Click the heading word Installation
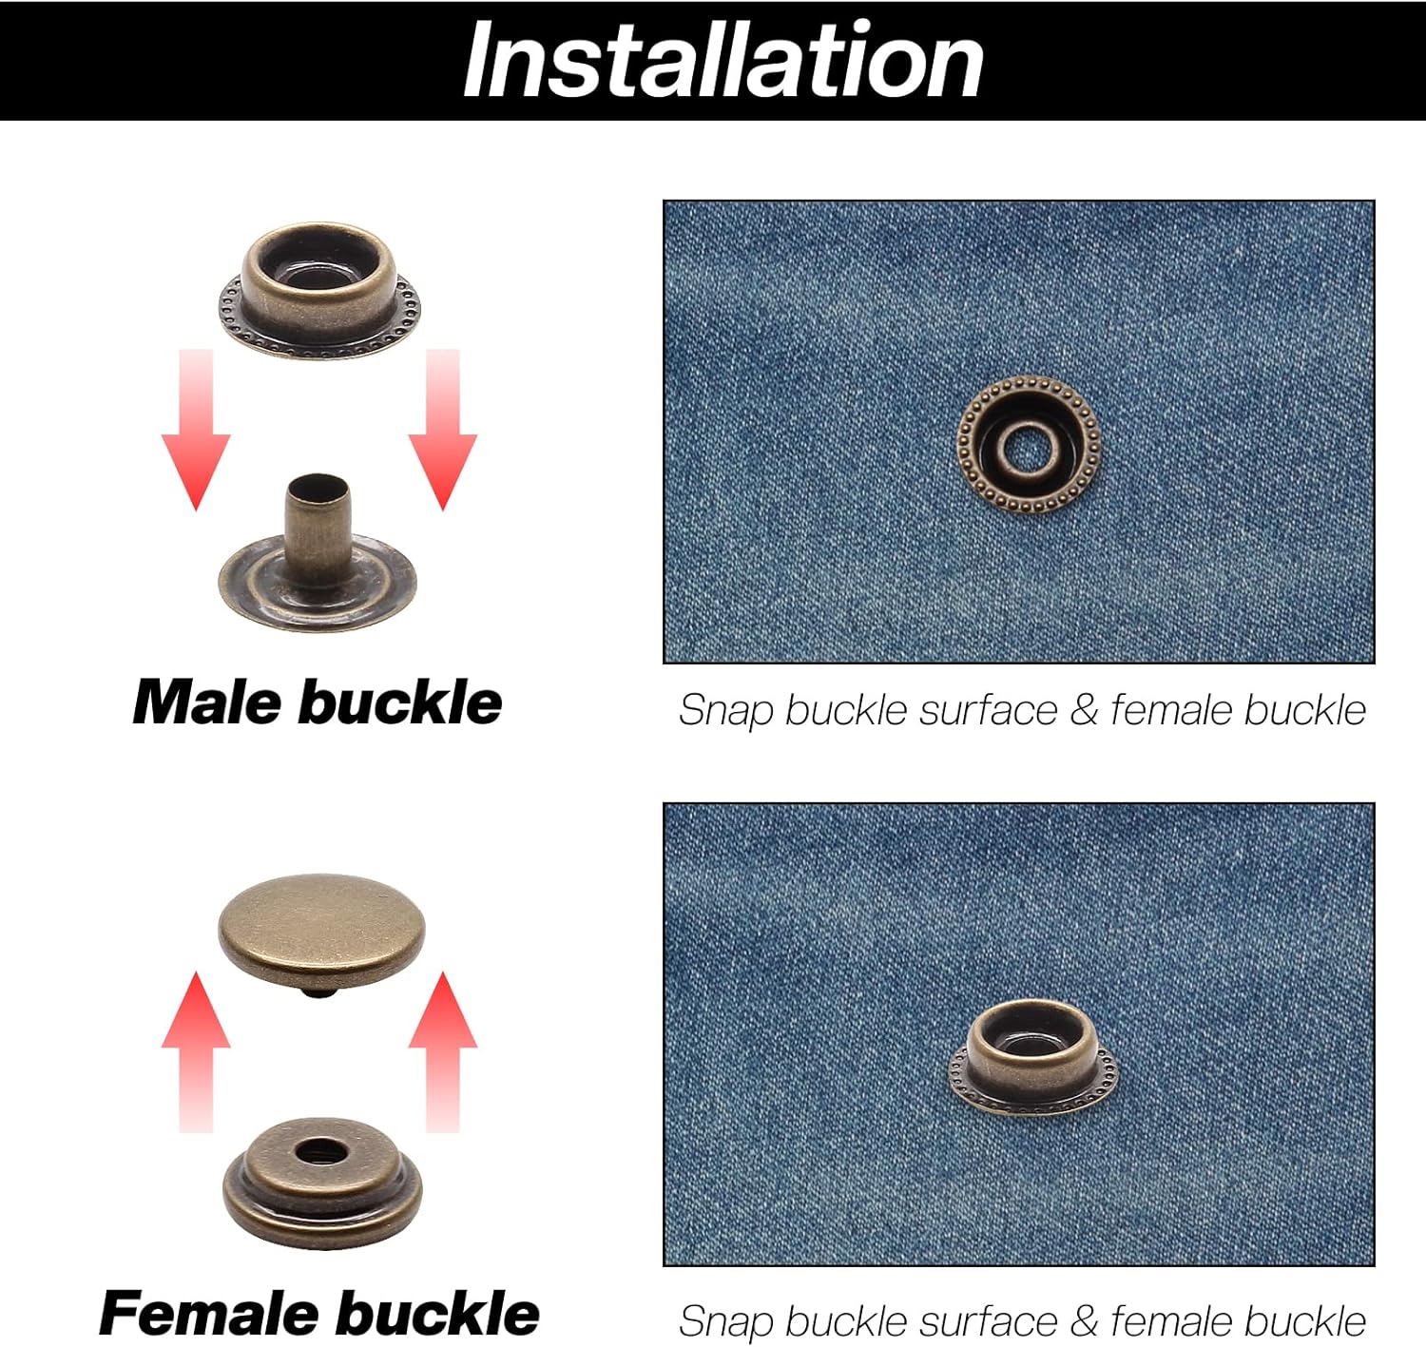(x=723, y=60)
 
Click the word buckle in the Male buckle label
(x=400, y=702)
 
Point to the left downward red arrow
(x=196, y=430)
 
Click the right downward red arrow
(x=443, y=430)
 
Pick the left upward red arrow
(x=196, y=1052)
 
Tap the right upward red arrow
(x=443, y=1052)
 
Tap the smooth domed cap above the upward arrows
(x=321, y=930)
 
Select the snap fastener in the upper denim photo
(x=1029, y=445)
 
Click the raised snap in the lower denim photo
(x=1032, y=1057)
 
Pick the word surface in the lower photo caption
(x=989, y=1321)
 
